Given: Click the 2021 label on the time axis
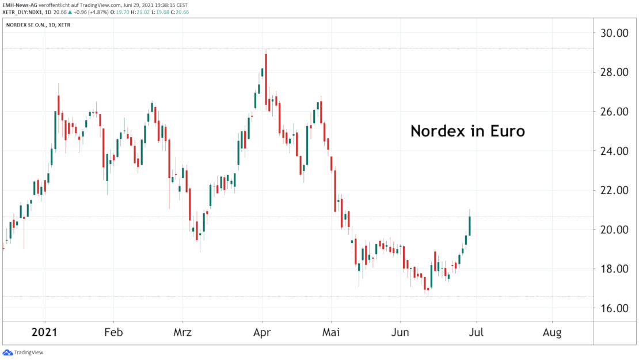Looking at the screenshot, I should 44,333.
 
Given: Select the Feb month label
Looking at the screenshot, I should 113,333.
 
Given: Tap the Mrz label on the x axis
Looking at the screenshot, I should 182,333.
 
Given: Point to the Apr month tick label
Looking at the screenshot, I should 262,333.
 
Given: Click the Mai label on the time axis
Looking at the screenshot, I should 331,333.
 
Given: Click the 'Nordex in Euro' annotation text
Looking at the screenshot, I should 467,131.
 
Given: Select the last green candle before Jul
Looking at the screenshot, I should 470,225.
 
